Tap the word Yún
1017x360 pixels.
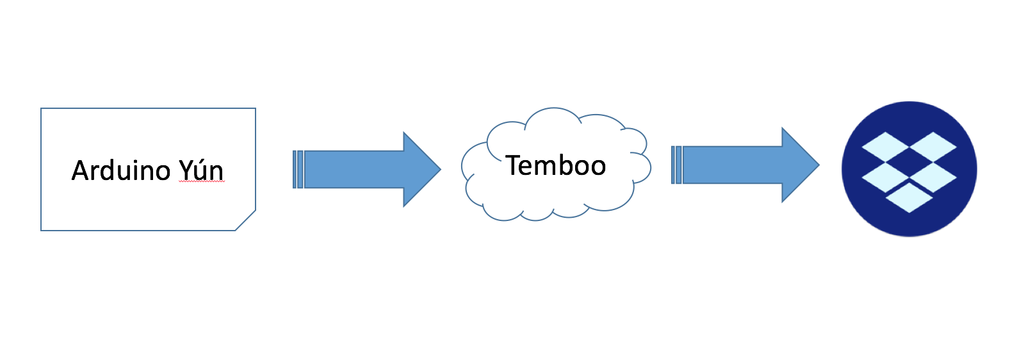201,171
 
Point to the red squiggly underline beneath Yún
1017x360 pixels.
201,183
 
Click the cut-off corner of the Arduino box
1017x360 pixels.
247,221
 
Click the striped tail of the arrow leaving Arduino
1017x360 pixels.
298,169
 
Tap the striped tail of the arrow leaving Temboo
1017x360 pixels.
676,165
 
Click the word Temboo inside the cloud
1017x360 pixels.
555,166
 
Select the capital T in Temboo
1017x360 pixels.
512,166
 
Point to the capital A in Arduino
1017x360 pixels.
80,171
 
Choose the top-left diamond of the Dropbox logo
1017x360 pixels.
886,147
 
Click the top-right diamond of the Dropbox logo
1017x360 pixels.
933,147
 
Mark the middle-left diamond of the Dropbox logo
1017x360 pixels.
886,177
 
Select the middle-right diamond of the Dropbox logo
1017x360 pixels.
933,177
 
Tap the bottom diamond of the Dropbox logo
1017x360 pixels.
909,198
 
